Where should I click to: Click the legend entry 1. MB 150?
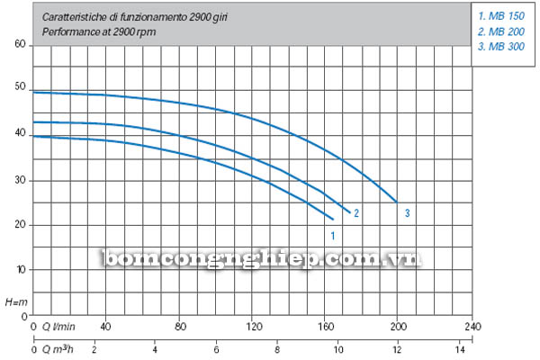click(501, 16)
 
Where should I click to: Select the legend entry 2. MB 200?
click(501, 31)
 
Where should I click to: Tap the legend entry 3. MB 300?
click(501, 47)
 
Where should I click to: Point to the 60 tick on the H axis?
click(21, 44)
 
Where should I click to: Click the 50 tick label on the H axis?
click(21, 86)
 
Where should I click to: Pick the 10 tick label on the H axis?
click(21, 269)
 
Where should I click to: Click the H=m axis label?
click(16, 302)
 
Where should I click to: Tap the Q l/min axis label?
click(58, 326)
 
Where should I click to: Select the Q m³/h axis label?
click(58, 349)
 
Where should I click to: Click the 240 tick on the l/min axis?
click(472, 326)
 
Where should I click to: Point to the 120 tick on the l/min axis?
click(254, 326)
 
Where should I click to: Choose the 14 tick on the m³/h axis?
click(460, 350)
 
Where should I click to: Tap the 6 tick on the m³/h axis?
click(216, 350)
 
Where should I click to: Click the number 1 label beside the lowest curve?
click(333, 236)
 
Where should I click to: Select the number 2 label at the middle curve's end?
click(356, 213)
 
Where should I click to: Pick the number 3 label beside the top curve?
click(408, 213)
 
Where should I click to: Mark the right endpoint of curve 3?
click(397, 202)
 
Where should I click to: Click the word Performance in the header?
click(71, 32)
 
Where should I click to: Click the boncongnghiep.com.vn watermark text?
click(262, 258)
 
